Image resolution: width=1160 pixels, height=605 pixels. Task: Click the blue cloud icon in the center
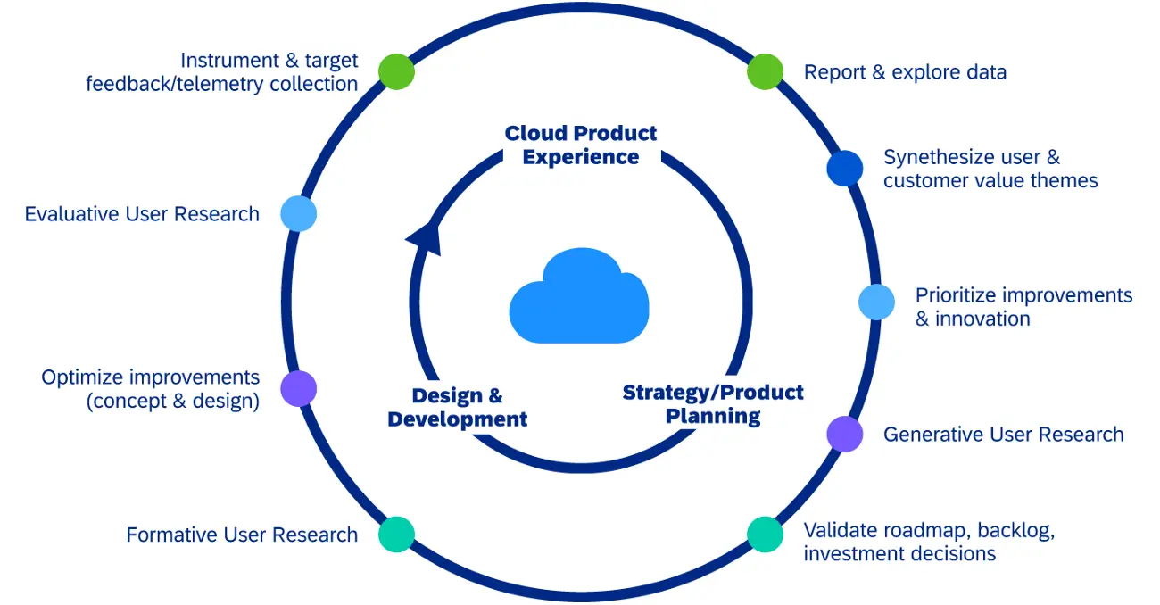tap(578, 297)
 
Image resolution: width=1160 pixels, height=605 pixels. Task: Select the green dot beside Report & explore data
tap(765, 71)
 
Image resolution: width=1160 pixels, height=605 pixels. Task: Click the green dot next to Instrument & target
tap(396, 71)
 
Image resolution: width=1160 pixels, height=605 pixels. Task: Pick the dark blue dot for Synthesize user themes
tap(844, 169)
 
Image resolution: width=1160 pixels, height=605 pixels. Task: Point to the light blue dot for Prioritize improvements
tap(876, 302)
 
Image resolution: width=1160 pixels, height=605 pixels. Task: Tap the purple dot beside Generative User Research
tap(844, 435)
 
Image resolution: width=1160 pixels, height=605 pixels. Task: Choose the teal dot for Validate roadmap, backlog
tap(765, 534)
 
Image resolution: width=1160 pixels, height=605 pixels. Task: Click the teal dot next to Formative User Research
tap(396, 534)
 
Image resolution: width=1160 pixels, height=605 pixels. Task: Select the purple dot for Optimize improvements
tap(299, 389)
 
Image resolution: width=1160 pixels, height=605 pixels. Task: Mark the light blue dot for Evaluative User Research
tap(299, 214)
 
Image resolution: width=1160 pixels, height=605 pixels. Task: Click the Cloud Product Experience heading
tap(581, 145)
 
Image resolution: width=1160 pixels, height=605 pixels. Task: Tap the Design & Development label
tap(458, 407)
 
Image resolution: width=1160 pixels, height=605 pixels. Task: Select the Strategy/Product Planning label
tap(713, 403)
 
